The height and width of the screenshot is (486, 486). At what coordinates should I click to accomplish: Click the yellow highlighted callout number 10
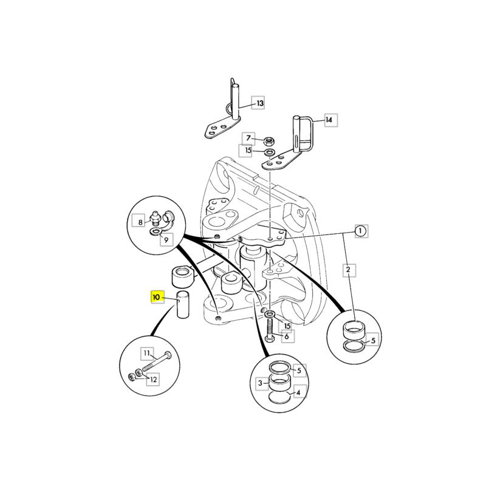pyautogui.click(x=157, y=297)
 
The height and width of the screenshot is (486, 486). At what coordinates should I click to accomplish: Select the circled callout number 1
pyautogui.click(x=360, y=231)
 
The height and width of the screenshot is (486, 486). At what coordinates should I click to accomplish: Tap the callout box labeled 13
pyautogui.click(x=258, y=103)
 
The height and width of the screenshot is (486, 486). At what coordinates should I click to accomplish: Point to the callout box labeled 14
pyautogui.click(x=331, y=120)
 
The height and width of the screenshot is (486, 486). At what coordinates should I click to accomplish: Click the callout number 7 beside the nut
pyautogui.click(x=248, y=139)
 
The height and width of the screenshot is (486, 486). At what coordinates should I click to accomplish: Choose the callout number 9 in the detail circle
pyautogui.click(x=166, y=239)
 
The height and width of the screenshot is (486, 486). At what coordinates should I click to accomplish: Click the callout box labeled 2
pyautogui.click(x=349, y=270)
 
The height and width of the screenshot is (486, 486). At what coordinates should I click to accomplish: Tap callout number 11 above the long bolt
pyautogui.click(x=147, y=354)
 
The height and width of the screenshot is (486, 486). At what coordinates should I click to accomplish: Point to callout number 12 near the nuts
pyautogui.click(x=153, y=379)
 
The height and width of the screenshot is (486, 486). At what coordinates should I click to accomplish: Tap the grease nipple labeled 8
pyautogui.click(x=155, y=217)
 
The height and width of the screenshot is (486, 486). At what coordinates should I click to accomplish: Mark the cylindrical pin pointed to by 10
pyautogui.click(x=183, y=304)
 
